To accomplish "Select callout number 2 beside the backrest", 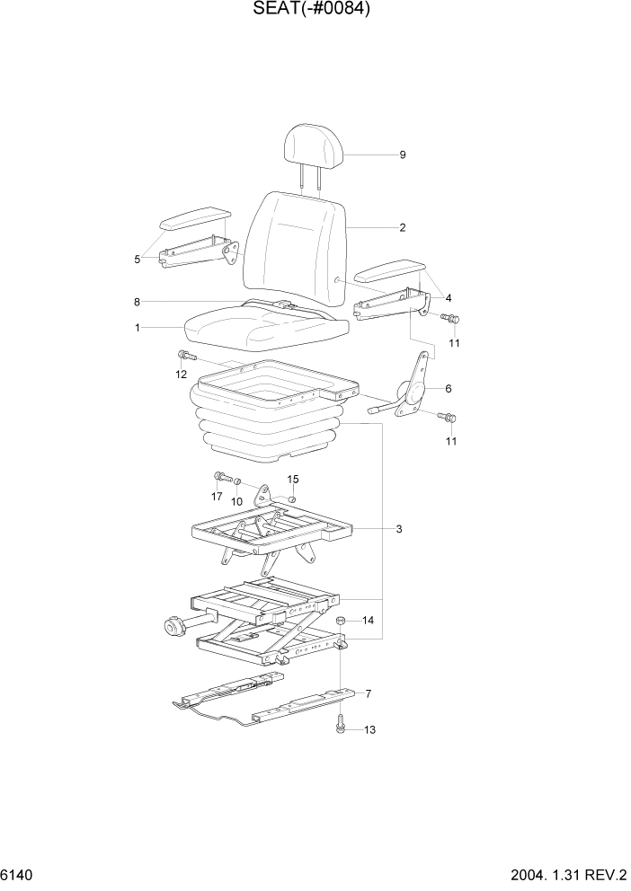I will coord(403,228).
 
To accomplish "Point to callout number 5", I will coord(138,260).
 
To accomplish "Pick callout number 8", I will coord(137,302).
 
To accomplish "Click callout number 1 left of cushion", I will coord(138,329).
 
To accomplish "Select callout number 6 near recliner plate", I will coord(448,389).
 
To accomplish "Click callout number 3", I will coord(398,529).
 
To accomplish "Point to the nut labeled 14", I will coord(342,621).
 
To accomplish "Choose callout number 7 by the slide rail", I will coord(366,693).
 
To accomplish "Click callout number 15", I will coord(293,480).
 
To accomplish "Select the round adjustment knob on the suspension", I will coord(172,626).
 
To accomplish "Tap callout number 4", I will coord(448,298).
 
